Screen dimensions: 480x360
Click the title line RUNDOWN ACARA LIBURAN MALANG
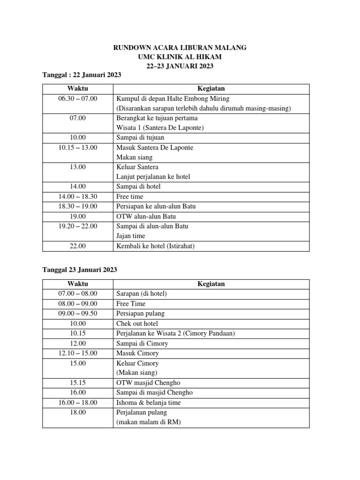tap(180, 48)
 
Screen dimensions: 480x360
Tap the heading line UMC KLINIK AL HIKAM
tap(180, 57)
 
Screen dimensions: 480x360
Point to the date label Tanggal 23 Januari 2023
tap(80, 270)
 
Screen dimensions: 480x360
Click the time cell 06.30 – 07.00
tap(77, 98)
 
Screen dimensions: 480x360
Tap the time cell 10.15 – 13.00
tap(77, 148)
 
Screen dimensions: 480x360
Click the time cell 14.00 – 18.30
tap(77, 196)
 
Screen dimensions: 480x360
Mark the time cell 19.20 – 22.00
tap(77, 226)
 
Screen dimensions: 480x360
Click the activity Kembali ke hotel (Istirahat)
tap(155, 246)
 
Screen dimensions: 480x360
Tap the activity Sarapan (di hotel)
tap(142, 293)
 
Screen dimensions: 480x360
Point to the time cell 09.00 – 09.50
tap(77, 313)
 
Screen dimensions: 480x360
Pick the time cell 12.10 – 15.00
tap(77, 353)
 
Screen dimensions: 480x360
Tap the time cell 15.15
tap(77, 383)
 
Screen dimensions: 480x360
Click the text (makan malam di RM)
tap(148, 422)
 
